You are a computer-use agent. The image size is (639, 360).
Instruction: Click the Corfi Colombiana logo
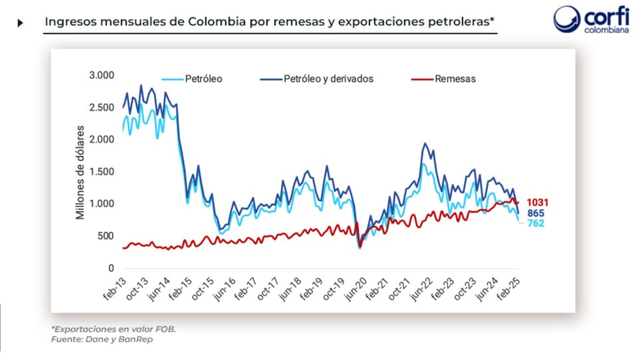point(591,20)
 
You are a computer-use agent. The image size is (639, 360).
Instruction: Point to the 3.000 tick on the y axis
point(101,75)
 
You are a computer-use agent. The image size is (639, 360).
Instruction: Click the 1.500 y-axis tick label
point(101,172)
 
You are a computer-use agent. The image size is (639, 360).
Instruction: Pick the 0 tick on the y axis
point(111,268)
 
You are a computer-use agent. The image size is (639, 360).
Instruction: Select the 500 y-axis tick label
point(106,236)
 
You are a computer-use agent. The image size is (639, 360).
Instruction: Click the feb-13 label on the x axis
point(114,289)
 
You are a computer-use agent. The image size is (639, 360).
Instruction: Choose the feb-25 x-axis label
point(508,289)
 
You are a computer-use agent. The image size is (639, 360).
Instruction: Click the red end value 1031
point(537,203)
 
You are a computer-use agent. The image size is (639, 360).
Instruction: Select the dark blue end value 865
point(535,213)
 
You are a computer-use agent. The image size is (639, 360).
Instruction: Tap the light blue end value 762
point(535,223)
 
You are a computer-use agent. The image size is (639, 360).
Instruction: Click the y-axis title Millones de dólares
point(80,172)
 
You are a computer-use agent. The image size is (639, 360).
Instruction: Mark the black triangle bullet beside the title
point(20,23)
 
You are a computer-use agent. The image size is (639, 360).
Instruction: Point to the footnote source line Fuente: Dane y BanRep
point(102,339)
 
